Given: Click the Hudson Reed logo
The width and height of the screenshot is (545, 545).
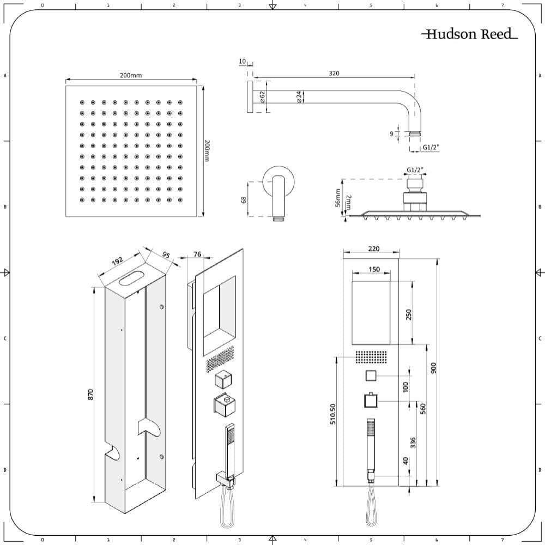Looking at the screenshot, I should pos(469,34).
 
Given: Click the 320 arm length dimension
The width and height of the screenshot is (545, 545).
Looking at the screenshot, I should pos(334,72).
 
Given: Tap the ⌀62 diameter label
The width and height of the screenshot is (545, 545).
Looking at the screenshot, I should pos(263,97).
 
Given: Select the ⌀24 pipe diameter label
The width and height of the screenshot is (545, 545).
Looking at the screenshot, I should pos(299,97).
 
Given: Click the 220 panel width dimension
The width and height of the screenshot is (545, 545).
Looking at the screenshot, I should pos(374,249).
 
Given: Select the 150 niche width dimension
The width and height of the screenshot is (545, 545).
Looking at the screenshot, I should pos(374,269).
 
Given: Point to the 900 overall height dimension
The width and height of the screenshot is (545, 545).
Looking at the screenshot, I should pos(434,368).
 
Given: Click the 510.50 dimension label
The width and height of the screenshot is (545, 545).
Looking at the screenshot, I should pos(333,417).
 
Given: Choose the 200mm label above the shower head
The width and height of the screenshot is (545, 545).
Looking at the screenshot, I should pos(131,75).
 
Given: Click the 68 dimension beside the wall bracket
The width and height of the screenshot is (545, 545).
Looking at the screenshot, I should pos(244,199).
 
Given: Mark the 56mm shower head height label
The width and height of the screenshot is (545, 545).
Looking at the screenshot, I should pos(338,198).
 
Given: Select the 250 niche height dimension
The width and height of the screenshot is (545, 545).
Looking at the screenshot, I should pos(408,314).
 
